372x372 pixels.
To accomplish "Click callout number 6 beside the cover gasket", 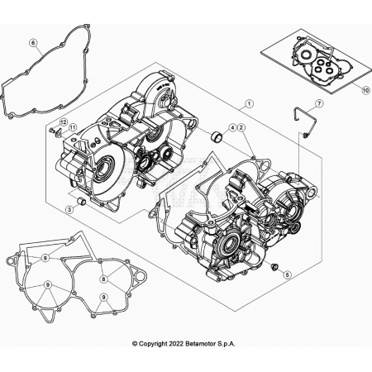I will pyautogui.click(x=33, y=42).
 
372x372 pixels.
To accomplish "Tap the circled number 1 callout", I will pyautogui.click(x=247, y=105).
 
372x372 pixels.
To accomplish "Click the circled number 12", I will pyautogui.click(x=62, y=122).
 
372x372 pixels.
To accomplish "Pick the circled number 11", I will pyautogui.click(x=72, y=126).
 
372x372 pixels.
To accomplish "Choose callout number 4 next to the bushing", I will pyautogui.click(x=232, y=128).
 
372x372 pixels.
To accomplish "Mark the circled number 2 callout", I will pyautogui.click(x=241, y=128).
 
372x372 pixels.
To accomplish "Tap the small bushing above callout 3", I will pyautogui.click(x=81, y=201).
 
